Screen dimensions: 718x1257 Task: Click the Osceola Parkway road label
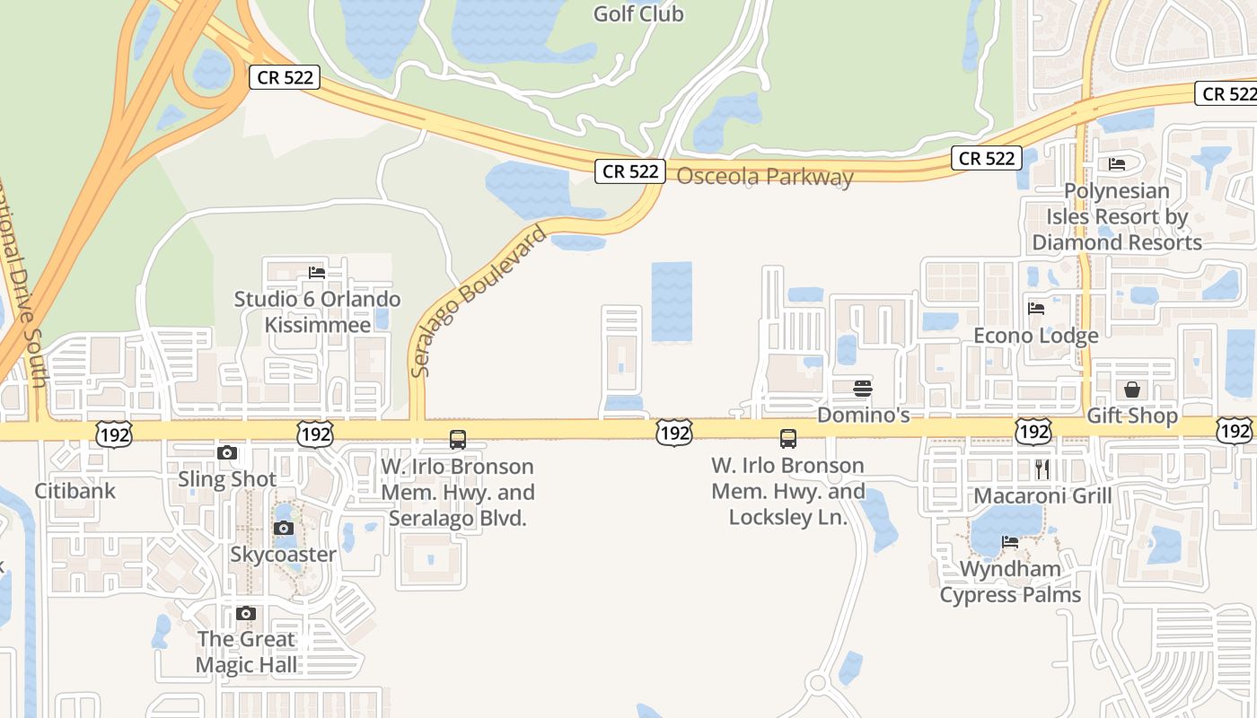(x=764, y=177)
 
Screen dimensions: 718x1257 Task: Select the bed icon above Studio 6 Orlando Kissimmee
(x=316, y=273)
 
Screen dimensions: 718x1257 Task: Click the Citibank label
(x=75, y=491)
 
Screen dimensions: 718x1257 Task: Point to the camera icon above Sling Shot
(x=227, y=453)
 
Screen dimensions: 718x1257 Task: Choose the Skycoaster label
(x=283, y=555)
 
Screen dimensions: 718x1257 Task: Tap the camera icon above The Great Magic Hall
(x=246, y=614)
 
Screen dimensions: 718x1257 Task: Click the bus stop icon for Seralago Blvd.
(x=458, y=440)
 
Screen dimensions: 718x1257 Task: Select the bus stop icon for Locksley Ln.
(x=788, y=439)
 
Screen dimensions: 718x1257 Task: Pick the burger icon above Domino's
(x=863, y=389)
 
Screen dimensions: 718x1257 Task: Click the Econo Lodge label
(x=1036, y=336)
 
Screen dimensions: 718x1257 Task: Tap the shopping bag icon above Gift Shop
(x=1132, y=390)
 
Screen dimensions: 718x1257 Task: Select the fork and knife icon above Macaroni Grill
(x=1042, y=469)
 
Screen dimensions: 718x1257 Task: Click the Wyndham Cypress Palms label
(x=1010, y=582)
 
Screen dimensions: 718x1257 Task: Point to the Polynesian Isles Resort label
(x=1117, y=216)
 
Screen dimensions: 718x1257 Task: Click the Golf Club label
(x=638, y=13)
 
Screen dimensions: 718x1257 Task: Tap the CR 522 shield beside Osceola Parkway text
(x=630, y=171)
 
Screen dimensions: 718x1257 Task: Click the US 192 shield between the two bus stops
(x=673, y=433)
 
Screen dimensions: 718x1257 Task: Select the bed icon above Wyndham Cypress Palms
(x=1010, y=542)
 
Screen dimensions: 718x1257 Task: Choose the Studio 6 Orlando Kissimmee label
(x=317, y=311)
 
